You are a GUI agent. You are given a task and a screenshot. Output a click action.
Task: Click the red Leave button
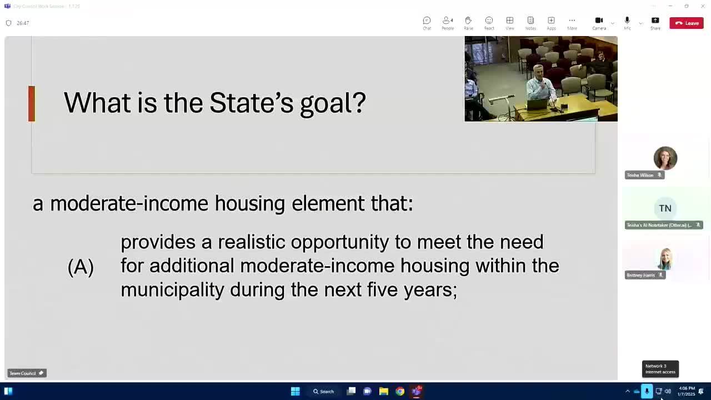coord(687,23)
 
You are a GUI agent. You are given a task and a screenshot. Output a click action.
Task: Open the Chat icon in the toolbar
coord(427,21)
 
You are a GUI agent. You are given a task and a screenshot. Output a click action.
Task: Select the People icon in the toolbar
coord(447,21)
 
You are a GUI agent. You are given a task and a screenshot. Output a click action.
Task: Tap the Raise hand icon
coord(468,21)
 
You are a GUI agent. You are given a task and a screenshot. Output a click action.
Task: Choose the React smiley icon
coord(489,21)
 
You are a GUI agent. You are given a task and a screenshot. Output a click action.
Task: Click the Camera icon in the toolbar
coord(599,21)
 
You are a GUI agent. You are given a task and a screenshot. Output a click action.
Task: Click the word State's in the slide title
coord(251,103)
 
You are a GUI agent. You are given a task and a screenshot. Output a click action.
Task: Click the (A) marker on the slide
coord(81,267)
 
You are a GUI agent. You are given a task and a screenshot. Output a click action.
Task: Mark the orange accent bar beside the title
coord(32,103)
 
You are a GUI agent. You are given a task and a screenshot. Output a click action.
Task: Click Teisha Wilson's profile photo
coord(665,158)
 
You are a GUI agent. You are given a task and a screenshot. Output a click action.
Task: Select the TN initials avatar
coord(665,208)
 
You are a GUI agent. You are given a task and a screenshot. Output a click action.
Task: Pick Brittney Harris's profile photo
coord(665,259)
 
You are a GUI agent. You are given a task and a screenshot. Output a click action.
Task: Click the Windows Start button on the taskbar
coord(296,391)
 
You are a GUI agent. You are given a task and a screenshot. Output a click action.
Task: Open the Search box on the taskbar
coord(323,391)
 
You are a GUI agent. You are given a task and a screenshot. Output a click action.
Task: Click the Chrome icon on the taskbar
coord(400,391)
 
